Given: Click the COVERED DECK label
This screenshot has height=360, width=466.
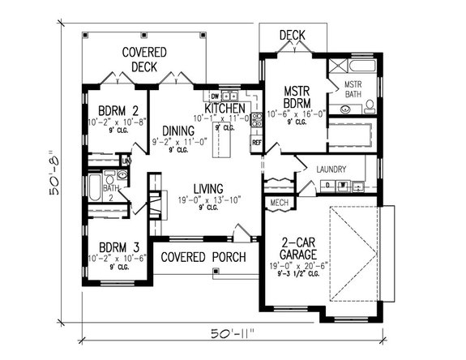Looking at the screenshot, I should [144, 60].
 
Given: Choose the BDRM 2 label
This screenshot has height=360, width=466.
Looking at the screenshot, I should [119, 111].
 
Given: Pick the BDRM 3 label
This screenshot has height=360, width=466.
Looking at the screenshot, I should [118, 246].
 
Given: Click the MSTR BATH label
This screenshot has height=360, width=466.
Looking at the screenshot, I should [353, 89].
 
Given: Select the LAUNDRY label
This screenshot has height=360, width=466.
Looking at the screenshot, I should [332, 169].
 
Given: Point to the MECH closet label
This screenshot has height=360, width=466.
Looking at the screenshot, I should [280, 203].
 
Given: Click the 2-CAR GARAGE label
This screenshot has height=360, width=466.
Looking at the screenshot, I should [297, 247].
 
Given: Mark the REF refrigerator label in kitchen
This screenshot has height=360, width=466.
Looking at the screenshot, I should [256, 143].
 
